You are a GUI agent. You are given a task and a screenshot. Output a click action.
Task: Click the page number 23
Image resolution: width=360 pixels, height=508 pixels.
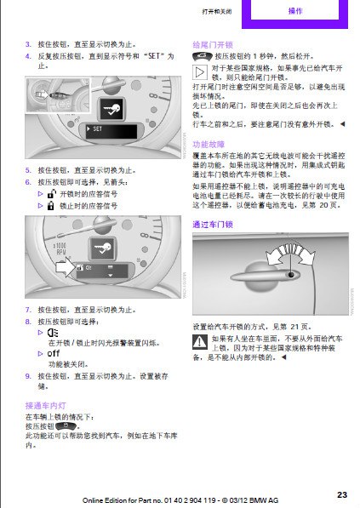tap(342, 494)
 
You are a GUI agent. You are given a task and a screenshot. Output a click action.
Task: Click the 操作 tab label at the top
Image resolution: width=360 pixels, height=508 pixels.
tap(295, 11)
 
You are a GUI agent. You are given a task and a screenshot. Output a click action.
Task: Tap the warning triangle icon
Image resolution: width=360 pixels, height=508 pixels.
tap(201, 342)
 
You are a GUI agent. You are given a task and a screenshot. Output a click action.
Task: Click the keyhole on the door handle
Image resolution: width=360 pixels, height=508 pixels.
tap(292, 275)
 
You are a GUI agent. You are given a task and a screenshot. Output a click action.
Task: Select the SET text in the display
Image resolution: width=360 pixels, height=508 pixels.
tap(98, 129)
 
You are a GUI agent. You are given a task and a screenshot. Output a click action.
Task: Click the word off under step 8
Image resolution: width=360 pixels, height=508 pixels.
tap(54, 352)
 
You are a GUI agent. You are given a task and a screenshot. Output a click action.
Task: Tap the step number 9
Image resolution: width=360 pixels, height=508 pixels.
tap(28, 374)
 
